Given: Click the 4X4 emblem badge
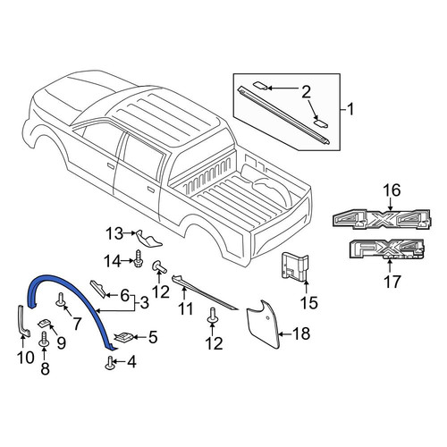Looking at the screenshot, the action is tap(382, 220).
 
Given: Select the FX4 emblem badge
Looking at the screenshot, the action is tap(387, 249).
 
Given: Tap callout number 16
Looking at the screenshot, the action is tap(392, 190).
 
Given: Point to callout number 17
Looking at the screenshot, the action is tap(392, 282).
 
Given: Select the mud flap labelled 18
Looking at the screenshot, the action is tap(264, 324).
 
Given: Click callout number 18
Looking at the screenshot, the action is tap(301, 333).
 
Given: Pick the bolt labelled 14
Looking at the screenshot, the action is tap(139, 258).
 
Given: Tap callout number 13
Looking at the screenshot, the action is tap(114, 233).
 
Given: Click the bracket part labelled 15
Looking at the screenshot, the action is tap(295, 266).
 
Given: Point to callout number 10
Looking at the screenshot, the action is tap(26, 358).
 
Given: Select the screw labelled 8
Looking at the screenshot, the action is tap(44, 340).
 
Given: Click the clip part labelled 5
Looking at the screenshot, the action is tap(123, 337).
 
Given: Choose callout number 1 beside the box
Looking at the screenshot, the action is tap(350, 109).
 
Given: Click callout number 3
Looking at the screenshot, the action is tap(144, 303).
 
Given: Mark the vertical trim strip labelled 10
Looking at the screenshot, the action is tap(24, 321).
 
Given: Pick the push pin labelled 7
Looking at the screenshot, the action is tap(61, 299).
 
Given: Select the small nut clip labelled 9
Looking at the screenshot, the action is tap(45, 323).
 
